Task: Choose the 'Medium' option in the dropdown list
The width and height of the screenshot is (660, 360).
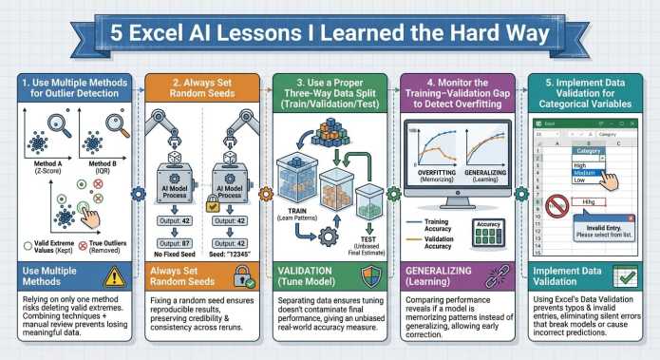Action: [583, 172]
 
